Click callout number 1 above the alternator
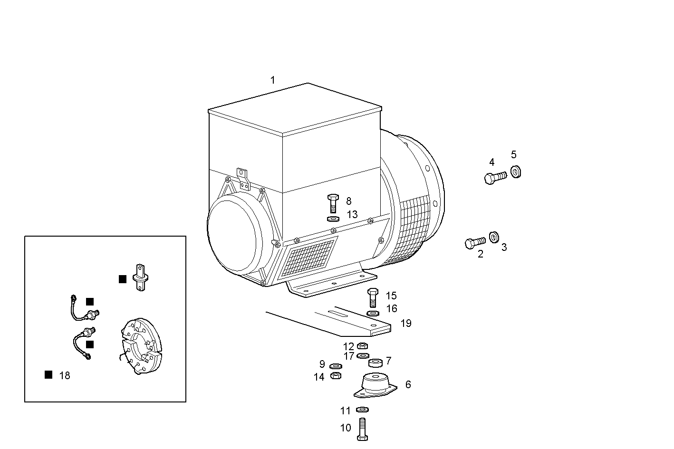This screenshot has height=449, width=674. (272, 80)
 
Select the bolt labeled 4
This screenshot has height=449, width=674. (495, 178)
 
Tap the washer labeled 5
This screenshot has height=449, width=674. (516, 171)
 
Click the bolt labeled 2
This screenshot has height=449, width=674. (475, 243)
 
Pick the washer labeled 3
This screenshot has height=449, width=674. (494, 237)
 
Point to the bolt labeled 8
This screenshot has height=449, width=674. (332, 203)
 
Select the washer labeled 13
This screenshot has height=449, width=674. (333, 219)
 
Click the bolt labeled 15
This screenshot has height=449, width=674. (373, 298)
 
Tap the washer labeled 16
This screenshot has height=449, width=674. (373, 314)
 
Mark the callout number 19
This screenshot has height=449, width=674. (405, 324)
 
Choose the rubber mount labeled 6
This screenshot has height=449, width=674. (375, 384)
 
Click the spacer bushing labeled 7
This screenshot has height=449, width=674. (376, 363)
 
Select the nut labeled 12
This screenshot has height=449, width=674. (362, 346)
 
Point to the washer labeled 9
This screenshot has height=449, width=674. (336, 366)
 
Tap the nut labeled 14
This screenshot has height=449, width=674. (335, 376)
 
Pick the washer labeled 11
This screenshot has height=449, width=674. (362, 410)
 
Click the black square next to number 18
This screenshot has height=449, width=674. (48, 375)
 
